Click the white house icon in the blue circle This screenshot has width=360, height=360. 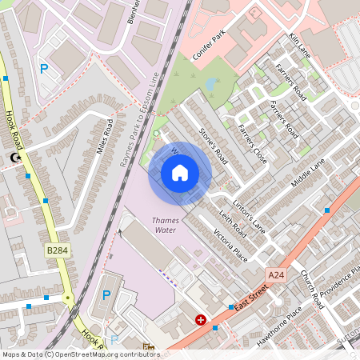point(180,173)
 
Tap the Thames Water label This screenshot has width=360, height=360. point(165,225)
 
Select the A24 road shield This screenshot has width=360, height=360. point(276,275)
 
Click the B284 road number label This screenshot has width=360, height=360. point(56,251)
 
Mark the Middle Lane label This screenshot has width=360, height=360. point(308,172)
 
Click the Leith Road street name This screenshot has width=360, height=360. point(231,226)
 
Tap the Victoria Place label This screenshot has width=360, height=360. point(230,244)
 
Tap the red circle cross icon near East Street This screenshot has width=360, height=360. point(200,319)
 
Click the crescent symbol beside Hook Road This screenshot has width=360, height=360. point(14,159)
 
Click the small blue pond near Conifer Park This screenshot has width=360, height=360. point(210,82)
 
